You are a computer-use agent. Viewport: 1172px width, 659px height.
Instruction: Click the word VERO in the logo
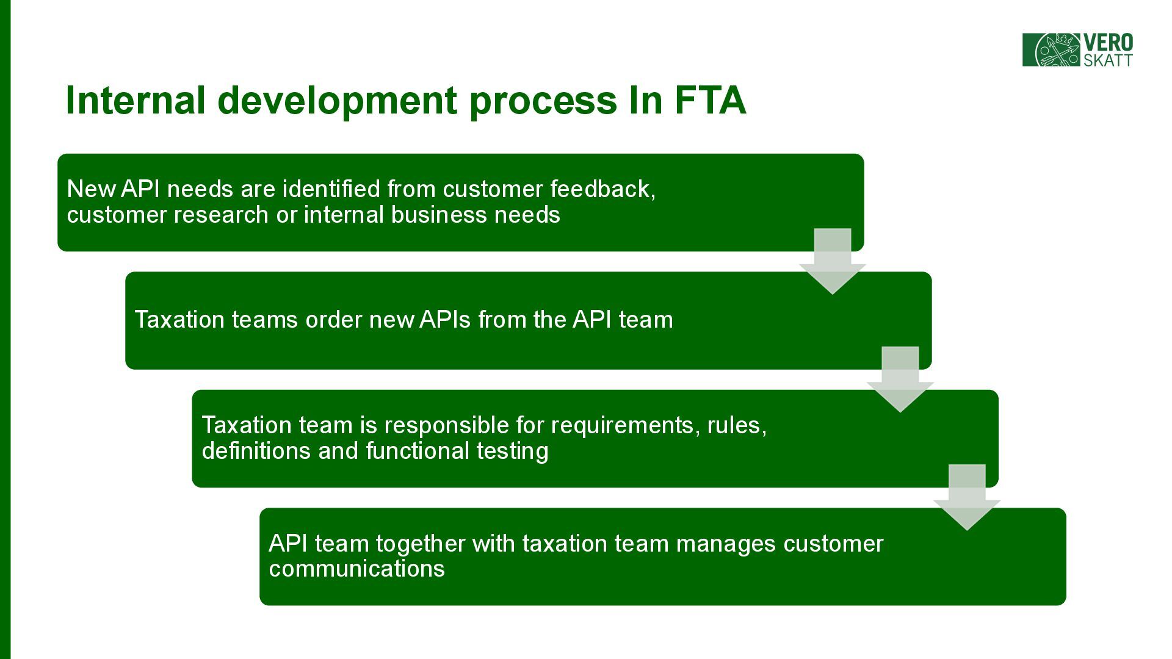click(x=1108, y=43)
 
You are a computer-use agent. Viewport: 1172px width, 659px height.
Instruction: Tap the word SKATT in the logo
click(x=1108, y=60)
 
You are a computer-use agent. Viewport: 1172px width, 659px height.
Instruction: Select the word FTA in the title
click(x=710, y=100)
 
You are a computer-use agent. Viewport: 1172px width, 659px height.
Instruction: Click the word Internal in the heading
click(x=135, y=100)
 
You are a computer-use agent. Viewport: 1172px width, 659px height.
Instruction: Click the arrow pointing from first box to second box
click(x=832, y=261)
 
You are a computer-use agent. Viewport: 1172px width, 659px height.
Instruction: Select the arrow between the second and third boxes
click(x=900, y=379)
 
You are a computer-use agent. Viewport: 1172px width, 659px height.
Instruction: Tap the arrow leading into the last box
click(x=967, y=497)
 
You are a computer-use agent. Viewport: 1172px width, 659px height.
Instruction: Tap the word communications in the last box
click(x=356, y=569)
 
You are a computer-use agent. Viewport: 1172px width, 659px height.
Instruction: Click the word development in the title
click(x=337, y=101)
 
